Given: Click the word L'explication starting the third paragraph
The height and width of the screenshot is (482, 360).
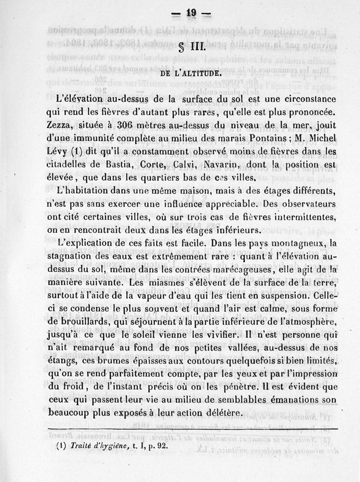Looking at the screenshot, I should pyautogui.click(x=89, y=243).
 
